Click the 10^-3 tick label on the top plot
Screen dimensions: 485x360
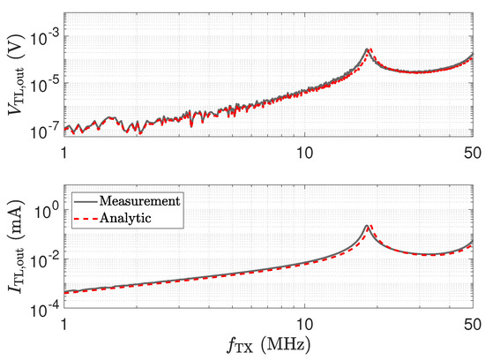click(43, 39)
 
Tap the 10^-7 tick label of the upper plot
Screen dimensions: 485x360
click(43, 131)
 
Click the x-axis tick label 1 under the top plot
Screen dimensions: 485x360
click(64, 153)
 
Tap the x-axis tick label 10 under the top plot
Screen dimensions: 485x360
click(305, 153)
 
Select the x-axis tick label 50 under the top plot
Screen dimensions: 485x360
click(473, 153)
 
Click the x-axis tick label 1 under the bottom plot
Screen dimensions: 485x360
click(64, 324)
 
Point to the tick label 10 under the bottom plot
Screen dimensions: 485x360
click(305, 324)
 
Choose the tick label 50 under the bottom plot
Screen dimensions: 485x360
click(473, 324)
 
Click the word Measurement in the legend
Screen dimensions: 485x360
click(140, 201)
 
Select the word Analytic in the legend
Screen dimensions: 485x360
click(125, 218)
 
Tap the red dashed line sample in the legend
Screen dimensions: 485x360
click(86, 219)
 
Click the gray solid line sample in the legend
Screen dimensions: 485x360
click(86, 201)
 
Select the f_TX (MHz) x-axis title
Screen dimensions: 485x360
click(268, 345)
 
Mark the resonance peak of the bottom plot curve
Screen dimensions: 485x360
click(367, 226)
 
